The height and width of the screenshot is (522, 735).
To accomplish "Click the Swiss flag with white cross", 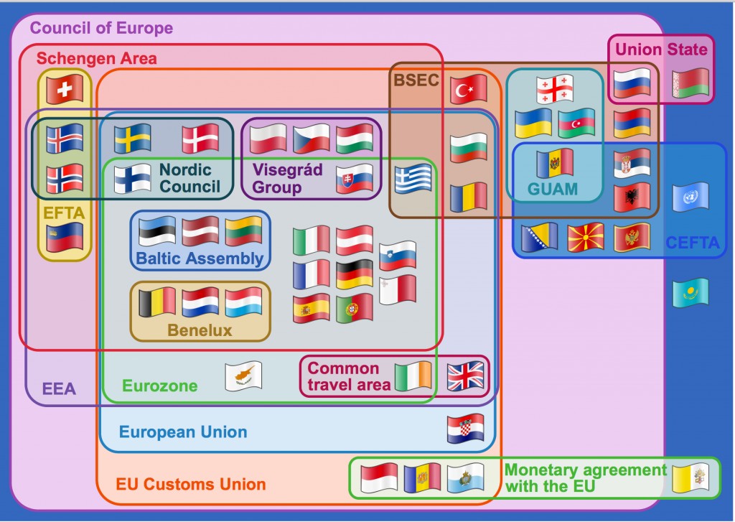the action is (65, 88).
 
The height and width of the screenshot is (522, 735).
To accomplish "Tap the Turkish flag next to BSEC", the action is (469, 88).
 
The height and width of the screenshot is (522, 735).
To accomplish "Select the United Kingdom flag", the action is (465, 376).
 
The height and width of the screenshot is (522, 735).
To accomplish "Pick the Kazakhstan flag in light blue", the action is (690, 293).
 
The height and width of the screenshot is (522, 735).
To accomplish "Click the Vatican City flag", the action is (690, 478).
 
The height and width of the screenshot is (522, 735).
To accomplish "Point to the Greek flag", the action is (413, 180).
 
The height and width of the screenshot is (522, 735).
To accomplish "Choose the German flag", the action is (355, 274).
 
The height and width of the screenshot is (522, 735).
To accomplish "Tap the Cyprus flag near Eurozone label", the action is (243, 376).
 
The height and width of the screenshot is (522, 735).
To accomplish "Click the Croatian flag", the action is (465, 428).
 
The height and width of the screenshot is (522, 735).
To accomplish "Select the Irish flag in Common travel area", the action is (413, 376).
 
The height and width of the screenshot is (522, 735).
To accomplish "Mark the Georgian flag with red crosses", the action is (555, 88).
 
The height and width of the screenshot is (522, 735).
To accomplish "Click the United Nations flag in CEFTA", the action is (690, 197).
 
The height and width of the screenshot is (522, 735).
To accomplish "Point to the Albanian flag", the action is (632, 197).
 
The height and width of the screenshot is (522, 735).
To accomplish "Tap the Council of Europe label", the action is (101, 28).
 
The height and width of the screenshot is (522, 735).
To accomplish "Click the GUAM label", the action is (552, 189).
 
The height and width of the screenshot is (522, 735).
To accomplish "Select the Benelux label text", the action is (200, 330).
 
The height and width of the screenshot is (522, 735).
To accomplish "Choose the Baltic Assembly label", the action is (200, 258).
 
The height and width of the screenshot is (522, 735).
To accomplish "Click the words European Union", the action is (183, 432).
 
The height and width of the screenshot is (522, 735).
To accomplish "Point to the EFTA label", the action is (64, 213).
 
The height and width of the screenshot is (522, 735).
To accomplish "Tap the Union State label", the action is (661, 50).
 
